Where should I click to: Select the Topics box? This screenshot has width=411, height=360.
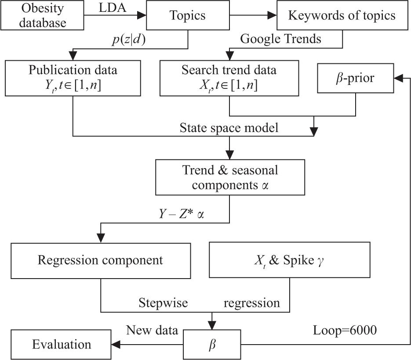187,16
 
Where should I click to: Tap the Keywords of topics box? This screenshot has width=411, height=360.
342,16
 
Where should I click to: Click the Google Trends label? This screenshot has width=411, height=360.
280,39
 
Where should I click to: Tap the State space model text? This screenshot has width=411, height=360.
229,128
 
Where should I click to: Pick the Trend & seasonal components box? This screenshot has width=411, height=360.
230,177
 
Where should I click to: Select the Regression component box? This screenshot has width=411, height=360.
101,260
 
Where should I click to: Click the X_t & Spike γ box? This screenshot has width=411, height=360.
289,260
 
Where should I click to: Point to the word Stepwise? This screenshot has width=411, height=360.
163,303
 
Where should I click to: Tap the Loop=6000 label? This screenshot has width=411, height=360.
345,330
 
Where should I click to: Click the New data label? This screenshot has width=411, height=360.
152,330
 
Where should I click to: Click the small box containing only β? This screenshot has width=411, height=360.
212,344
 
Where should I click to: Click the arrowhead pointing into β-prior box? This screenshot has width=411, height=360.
398,77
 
